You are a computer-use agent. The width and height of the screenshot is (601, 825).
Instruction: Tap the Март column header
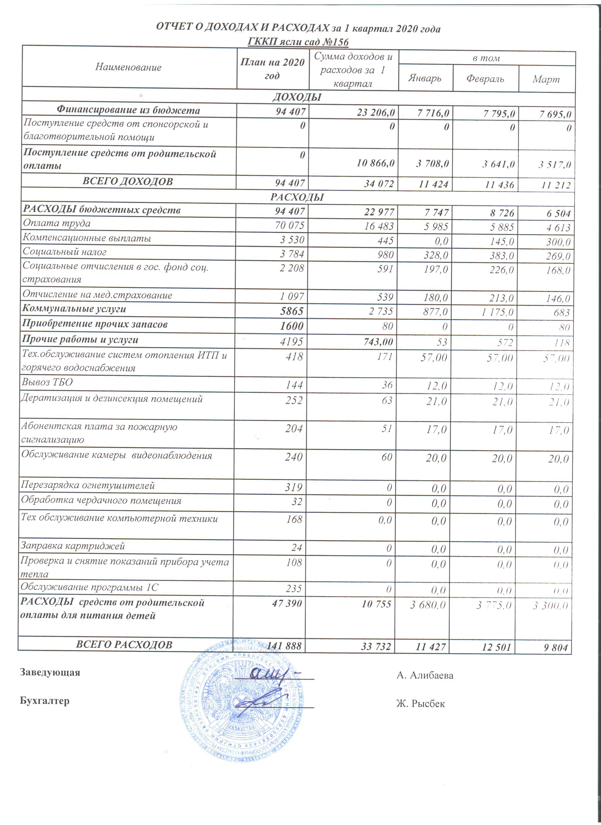pos(546,79)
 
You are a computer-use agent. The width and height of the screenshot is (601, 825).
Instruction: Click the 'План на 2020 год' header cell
pos(272,69)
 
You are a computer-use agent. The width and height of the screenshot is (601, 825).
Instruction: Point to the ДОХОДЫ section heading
pos(297,97)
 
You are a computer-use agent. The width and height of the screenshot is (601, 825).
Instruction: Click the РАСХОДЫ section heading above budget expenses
pos(297,197)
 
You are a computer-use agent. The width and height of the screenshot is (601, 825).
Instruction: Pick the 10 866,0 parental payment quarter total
pos(375,163)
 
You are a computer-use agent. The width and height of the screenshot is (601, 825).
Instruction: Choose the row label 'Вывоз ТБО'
pos(47,382)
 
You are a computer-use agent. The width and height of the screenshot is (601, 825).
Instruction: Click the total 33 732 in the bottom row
pos(376,646)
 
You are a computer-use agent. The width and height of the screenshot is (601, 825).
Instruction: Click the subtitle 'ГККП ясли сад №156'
pos(298,42)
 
